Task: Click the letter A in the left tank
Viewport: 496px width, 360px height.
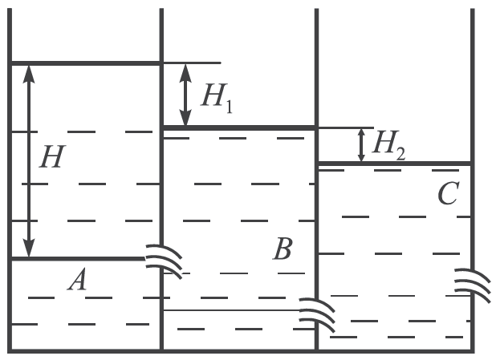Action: point(77,279)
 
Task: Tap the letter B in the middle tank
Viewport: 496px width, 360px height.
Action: point(283,249)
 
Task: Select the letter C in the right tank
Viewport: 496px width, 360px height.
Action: point(449,194)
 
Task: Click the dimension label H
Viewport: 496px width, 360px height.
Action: point(52,156)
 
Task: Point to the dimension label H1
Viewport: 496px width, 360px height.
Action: point(217,98)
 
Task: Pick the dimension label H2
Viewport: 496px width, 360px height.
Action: point(388,145)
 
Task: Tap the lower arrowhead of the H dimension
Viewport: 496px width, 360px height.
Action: point(29,248)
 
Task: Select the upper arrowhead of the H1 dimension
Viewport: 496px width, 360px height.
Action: point(185,73)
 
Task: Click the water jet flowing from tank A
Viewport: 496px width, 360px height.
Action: point(164,261)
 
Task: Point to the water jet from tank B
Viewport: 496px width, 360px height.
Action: point(317,315)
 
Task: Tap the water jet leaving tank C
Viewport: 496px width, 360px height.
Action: point(473,285)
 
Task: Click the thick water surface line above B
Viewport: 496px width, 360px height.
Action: point(239,127)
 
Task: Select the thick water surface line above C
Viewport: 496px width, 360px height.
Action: point(395,164)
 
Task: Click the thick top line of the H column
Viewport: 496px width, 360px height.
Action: point(86,63)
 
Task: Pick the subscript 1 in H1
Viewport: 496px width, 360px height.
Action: point(230,107)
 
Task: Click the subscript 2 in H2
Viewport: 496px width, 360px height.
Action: point(400,154)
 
